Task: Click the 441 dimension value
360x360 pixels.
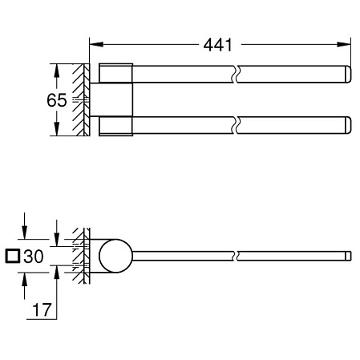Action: [x=213, y=45]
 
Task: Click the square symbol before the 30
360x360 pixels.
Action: [x=11, y=257]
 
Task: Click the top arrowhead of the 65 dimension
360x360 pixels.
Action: [x=56, y=68]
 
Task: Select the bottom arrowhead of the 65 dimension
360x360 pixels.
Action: [x=56, y=133]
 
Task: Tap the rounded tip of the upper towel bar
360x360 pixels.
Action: [x=347, y=75]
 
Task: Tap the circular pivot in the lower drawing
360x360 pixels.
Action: [x=117, y=257]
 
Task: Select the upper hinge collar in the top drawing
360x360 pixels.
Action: [x=114, y=73]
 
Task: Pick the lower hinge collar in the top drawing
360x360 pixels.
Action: [x=114, y=127]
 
